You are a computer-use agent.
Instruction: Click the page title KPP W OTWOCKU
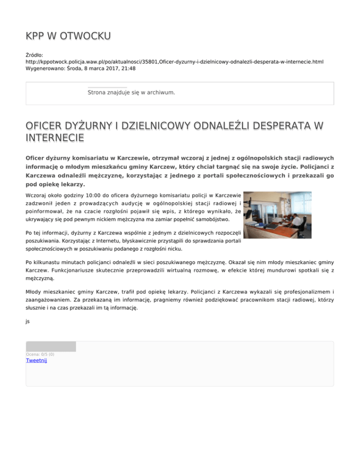pyautogui.click(x=68, y=36)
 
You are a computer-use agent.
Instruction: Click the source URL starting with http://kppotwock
pyautogui.click(x=174, y=61)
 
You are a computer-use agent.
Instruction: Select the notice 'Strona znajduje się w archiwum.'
pyautogui.click(x=131, y=93)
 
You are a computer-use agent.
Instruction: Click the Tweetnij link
pyautogui.click(x=37, y=361)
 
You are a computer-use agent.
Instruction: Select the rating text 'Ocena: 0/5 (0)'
pyautogui.click(x=40, y=354)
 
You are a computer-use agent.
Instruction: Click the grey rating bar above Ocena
pyautogui.click(x=51, y=346)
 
